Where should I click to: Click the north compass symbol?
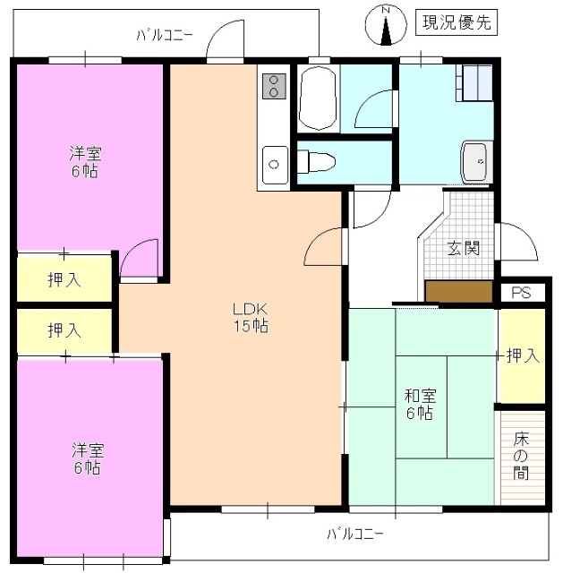point(386,25)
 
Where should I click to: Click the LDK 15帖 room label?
point(251,318)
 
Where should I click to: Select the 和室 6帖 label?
point(420,403)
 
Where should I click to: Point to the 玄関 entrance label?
point(464,247)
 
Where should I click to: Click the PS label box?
point(522,293)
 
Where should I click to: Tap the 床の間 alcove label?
point(521,456)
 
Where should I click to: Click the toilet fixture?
point(317,162)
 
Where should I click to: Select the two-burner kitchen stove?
point(273,86)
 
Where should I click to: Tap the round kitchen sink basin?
point(272,165)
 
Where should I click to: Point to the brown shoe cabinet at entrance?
point(459,292)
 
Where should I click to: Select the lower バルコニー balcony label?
point(354,535)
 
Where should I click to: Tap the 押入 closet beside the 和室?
point(522,355)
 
